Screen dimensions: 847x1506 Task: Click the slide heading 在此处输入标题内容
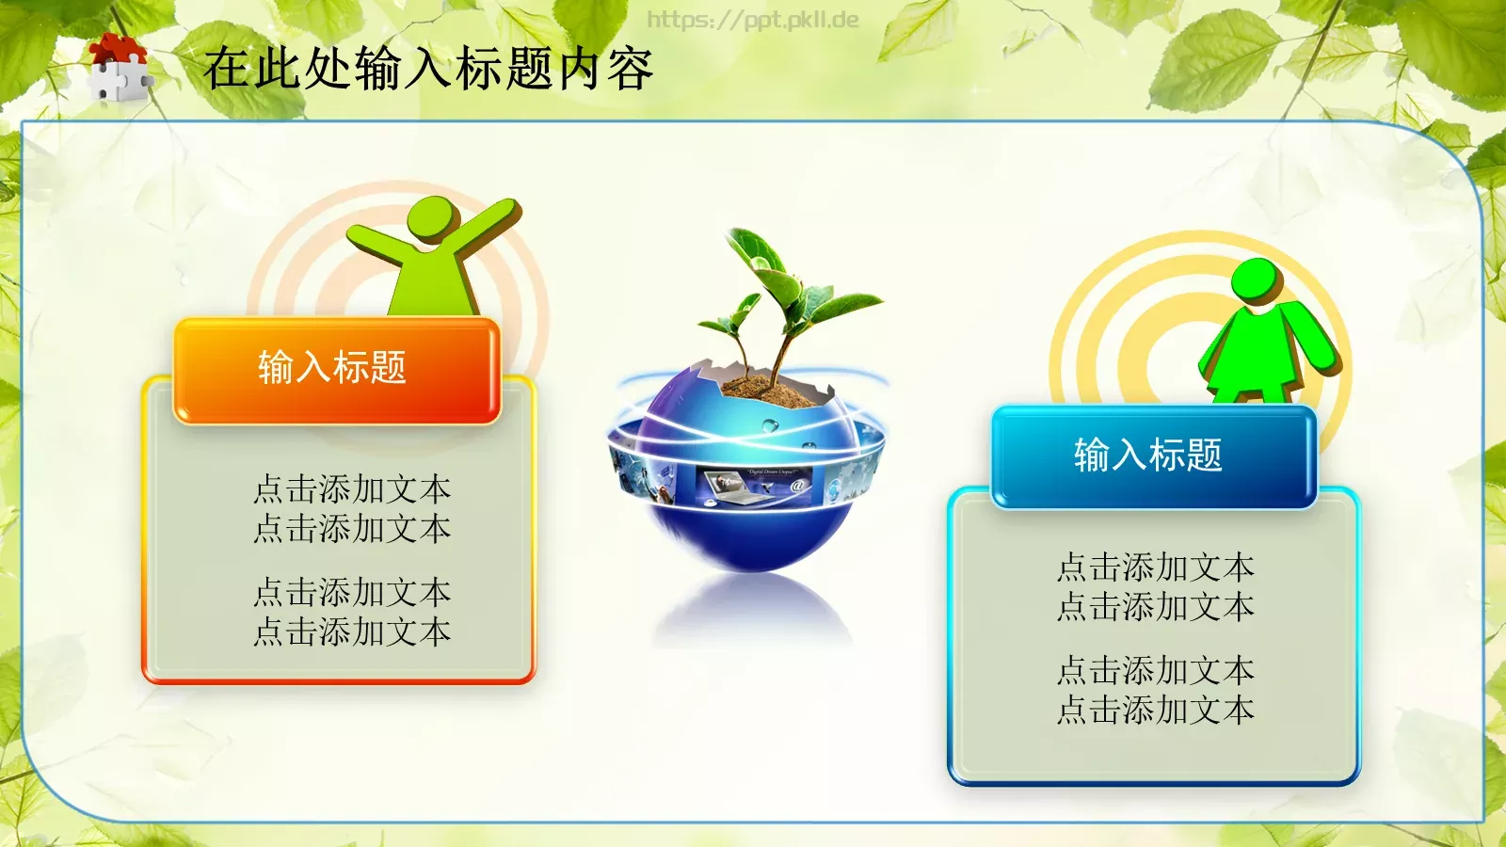428,69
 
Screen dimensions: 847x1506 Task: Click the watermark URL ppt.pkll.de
752,20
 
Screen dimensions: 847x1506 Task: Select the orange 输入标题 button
335,369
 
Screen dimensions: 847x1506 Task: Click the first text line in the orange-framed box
352,489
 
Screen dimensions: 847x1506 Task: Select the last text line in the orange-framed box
352,631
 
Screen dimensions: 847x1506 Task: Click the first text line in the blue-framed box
1155,567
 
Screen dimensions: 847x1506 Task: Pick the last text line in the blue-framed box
1155,710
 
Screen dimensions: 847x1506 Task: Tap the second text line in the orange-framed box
352,529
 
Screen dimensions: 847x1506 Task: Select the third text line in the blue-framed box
1155,670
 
